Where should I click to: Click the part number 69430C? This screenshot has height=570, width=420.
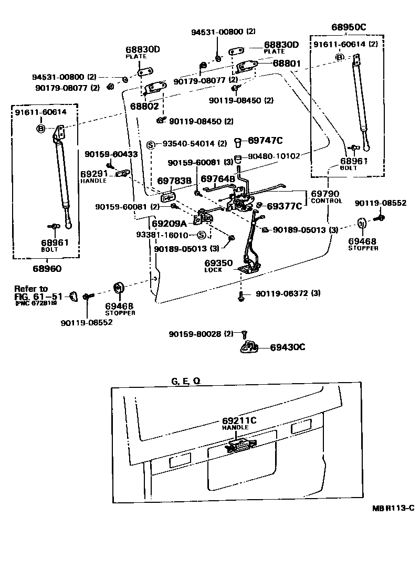[x=288, y=347]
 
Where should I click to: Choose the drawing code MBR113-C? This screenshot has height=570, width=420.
[x=393, y=508]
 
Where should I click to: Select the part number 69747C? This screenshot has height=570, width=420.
[x=265, y=140]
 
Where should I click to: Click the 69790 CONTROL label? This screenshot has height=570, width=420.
[x=326, y=196]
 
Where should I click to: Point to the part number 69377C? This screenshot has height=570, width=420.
[x=284, y=206]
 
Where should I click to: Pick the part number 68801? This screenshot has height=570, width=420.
[x=286, y=63]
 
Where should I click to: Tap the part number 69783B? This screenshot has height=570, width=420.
[x=173, y=181]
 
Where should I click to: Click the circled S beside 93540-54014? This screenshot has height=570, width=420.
[x=150, y=144]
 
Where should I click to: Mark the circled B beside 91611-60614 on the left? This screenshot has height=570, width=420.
[x=40, y=128]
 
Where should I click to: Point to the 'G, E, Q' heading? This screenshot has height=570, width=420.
[x=185, y=381]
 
